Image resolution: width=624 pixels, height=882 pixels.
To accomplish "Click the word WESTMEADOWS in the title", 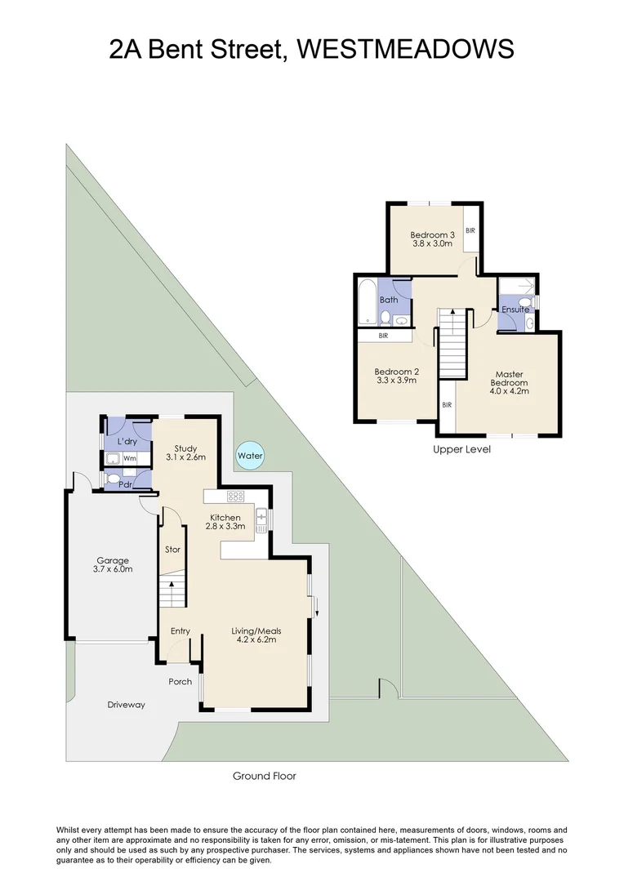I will [x=406, y=49].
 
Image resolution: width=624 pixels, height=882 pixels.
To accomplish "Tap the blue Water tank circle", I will [x=250, y=456].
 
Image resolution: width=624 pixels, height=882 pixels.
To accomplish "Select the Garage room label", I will [x=113, y=560].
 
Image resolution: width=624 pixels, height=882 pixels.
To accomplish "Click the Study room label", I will [x=186, y=448].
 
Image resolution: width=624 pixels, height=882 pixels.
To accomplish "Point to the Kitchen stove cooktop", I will [x=235, y=496].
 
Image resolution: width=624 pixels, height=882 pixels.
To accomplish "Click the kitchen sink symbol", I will [x=261, y=519].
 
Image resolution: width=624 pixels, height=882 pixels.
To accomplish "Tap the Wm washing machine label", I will [x=130, y=458].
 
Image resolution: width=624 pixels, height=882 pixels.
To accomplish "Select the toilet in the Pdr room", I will [x=115, y=480].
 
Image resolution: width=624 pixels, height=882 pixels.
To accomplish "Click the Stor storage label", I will [x=172, y=550].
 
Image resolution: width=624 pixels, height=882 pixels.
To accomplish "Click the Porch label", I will [x=180, y=682].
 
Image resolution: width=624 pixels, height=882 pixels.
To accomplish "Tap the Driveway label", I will [x=126, y=704].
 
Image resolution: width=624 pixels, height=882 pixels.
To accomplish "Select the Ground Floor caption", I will [x=264, y=776].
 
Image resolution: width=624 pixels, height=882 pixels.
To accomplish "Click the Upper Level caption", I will [x=461, y=449].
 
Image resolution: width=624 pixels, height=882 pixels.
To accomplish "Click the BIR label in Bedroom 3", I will [x=470, y=231].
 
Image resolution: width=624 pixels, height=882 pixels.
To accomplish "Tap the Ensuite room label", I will [x=515, y=310].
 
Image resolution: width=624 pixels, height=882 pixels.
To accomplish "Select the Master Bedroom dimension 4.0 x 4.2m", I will [x=508, y=391].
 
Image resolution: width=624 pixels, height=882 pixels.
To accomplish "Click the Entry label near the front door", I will [x=180, y=631].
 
